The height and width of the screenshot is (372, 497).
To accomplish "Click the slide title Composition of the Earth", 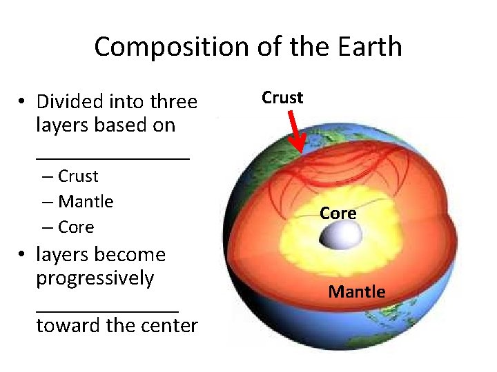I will [248, 47].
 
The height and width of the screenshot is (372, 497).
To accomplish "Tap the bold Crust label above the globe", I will [282, 98].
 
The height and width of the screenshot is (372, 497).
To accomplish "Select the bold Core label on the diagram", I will [338, 214].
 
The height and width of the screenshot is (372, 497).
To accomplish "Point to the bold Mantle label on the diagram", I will [357, 292].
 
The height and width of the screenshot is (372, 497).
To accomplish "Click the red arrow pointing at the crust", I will [293, 134].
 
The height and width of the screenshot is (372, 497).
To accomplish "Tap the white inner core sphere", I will [338, 238].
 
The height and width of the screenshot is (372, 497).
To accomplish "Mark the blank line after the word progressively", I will [107, 310].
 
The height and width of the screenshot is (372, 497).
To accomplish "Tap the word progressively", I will [95, 278].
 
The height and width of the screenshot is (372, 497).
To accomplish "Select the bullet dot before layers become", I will [23, 256].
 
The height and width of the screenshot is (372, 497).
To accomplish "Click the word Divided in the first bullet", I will [69, 102].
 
